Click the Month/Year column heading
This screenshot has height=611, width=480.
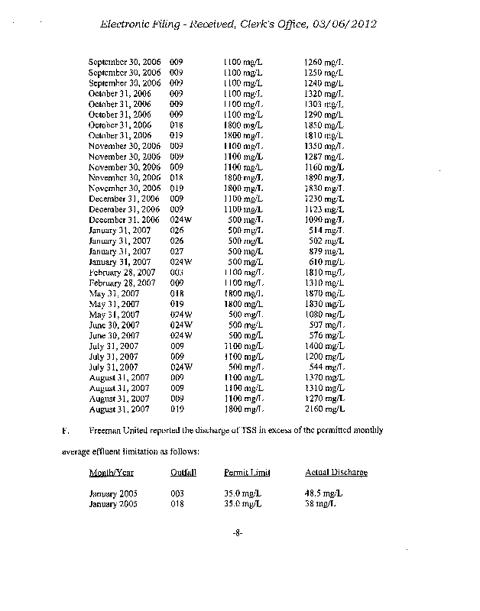(x=112, y=472)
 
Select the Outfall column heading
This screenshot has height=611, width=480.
(x=183, y=472)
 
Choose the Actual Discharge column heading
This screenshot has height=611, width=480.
(x=336, y=472)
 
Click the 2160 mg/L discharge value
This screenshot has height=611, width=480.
(x=324, y=409)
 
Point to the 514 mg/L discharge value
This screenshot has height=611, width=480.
(x=326, y=229)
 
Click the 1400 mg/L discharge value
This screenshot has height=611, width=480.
(x=324, y=345)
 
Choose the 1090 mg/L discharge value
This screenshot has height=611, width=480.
(x=324, y=218)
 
